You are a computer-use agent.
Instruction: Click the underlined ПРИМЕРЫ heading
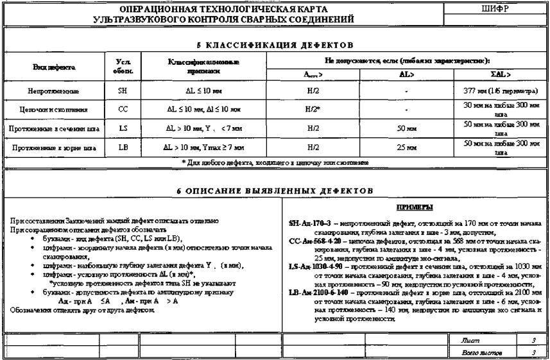coord(414,208)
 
